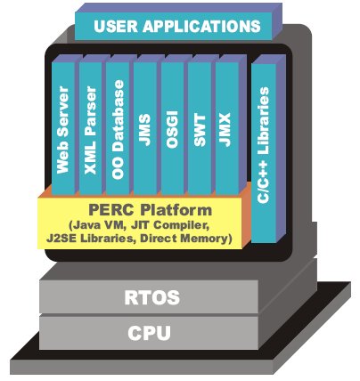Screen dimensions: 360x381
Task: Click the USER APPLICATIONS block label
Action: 177,26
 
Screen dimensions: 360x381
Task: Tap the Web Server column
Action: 63,128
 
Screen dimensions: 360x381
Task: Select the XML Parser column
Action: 91,128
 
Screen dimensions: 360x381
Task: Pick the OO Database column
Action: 118,128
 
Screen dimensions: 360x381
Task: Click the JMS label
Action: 145,130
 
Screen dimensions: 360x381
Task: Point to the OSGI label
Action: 172,129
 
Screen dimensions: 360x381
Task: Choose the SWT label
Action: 200,130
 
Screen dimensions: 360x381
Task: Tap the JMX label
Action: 226,130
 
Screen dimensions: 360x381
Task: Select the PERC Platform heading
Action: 151,210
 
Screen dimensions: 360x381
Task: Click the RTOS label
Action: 152,297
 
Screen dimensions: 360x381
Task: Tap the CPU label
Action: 149,333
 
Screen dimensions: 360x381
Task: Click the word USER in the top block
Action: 116,26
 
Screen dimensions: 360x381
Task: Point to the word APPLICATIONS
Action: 201,26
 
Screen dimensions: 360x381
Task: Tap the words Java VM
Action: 96,225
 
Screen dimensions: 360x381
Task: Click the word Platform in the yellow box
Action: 176,210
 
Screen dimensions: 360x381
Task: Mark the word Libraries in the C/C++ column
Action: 264,121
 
